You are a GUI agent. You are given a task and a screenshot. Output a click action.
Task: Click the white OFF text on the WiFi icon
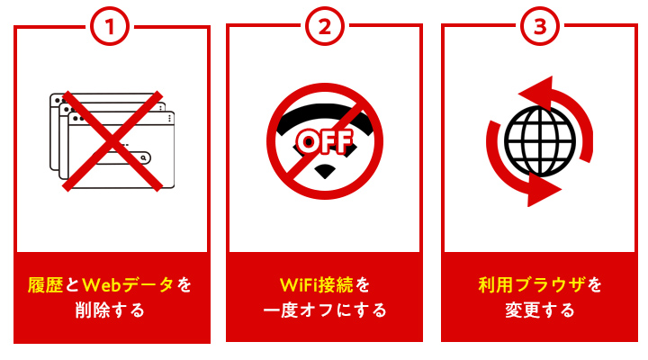pos(325,140)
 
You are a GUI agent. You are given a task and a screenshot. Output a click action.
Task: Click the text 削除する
pos(111,311)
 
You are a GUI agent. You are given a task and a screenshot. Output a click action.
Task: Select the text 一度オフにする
pos(325,311)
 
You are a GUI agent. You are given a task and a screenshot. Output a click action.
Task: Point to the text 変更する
pos(539,311)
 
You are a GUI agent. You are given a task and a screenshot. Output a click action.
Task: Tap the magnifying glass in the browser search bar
pos(143,157)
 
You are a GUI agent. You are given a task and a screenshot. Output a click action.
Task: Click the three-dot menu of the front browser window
pos(166,118)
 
